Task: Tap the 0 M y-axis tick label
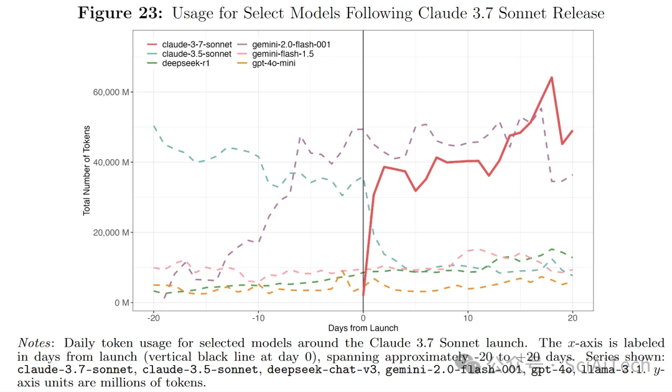point(121,303)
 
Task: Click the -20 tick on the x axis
point(153,317)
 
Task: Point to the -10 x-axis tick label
point(258,317)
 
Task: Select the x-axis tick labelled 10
point(467,317)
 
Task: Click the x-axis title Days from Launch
point(363,327)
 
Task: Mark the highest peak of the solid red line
point(551,78)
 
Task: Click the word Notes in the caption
point(37,343)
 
